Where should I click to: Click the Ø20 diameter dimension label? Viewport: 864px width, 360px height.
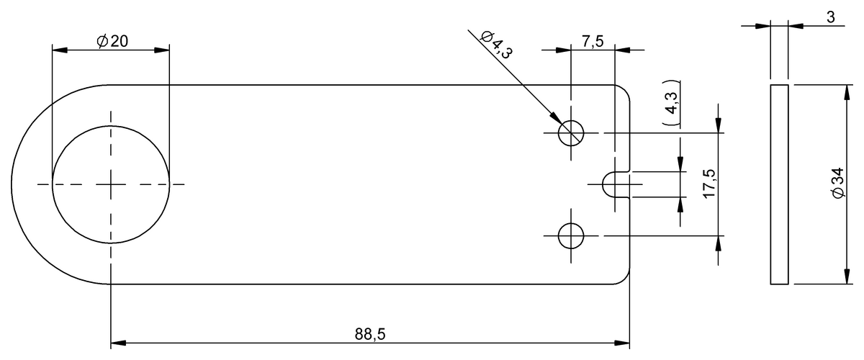pyautogui.click(x=112, y=41)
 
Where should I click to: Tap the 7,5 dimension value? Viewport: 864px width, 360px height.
pyautogui.click(x=592, y=41)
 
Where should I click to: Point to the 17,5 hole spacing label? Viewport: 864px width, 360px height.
pyautogui.click(x=708, y=184)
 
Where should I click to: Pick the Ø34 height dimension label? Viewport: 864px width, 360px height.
pyautogui.click(x=836, y=184)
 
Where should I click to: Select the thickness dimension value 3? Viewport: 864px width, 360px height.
pyautogui.click(x=830, y=17)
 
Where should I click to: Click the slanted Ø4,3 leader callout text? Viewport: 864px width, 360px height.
pyautogui.click(x=496, y=44)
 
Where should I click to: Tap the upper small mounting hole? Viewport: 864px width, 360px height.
pyautogui.click(x=572, y=132)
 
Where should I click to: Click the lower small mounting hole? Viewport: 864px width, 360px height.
pyautogui.click(x=572, y=235)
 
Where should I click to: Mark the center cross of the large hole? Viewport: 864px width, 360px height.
pyautogui.click(x=111, y=184)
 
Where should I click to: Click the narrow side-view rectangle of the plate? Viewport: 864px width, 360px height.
pyautogui.click(x=779, y=184)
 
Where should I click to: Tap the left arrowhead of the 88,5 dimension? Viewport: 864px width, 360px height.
pyautogui.click(x=118, y=342)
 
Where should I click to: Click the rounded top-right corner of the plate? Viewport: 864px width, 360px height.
pyautogui.click(x=625, y=90)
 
